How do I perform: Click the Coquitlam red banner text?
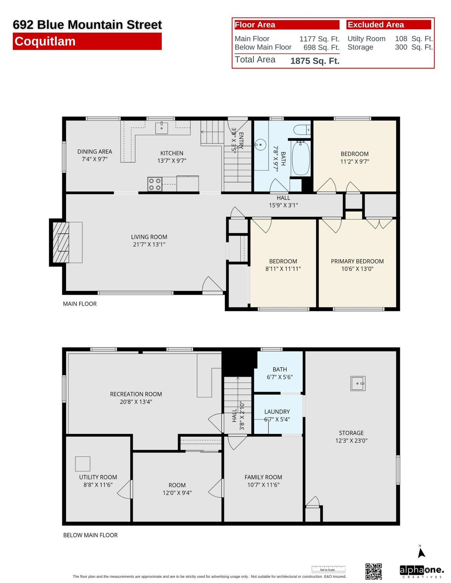pyautogui.click(x=45, y=42)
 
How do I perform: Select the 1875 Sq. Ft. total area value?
pyautogui.click(x=314, y=61)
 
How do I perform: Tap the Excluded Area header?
pyautogui.click(x=376, y=25)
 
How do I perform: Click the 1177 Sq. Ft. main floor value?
pyautogui.click(x=319, y=39)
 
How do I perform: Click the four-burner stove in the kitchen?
pyautogui.click(x=155, y=184)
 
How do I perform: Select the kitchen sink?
pyautogui.click(x=161, y=127)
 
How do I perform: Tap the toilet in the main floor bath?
pyautogui.click(x=301, y=130)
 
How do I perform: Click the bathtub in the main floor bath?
pyautogui.click(x=300, y=158)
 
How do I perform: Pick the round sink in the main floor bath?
pyautogui.click(x=261, y=145)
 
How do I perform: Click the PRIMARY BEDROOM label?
pyautogui.click(x=357, y=261)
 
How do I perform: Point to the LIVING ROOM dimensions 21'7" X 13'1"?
pyautogui.click(x=149, y=245)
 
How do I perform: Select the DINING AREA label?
pyautogui.click(x=94, y=152)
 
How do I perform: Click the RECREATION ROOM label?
pyautogui.click(x=136, y=394)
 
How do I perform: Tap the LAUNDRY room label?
pyautogui.click(x=277, y=412)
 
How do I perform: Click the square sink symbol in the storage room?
pyautogui.click(x=358, y=383)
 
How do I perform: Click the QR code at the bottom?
pyautogui.click(x=374, y=571)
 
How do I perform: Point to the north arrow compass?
pyautogui.click(x=421, y=552)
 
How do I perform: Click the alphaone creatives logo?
pyautogui.click(x=421, y=571)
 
